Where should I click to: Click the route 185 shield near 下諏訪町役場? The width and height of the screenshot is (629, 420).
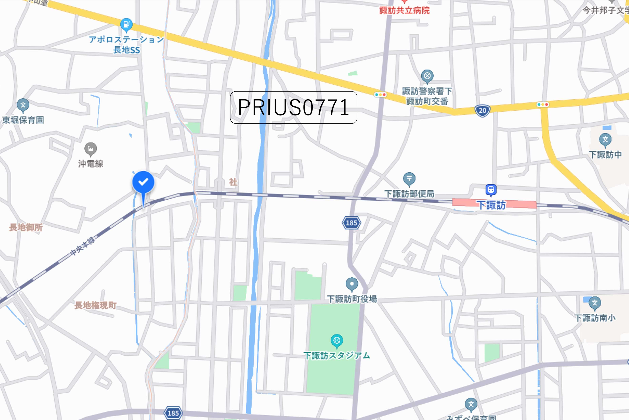(x=351, y=223)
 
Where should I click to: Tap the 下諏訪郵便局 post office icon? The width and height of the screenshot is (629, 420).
(x=409, y=178)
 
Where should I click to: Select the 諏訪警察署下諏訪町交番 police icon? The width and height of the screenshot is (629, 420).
(x=427, y=76)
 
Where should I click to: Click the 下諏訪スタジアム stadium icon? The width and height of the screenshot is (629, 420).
(x=337, y=341)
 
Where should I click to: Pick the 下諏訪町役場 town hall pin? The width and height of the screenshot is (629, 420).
(x=352, y=284)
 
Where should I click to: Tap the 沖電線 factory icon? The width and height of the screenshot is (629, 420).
(x=90, y=149)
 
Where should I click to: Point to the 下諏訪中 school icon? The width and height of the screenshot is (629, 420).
(x=605, y=140)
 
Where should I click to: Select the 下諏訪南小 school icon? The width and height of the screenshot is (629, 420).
(x=595, y=303)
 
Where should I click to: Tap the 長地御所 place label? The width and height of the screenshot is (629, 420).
(x=26, y=227)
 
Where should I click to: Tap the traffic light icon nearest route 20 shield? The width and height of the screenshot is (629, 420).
(x=543, y=104)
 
